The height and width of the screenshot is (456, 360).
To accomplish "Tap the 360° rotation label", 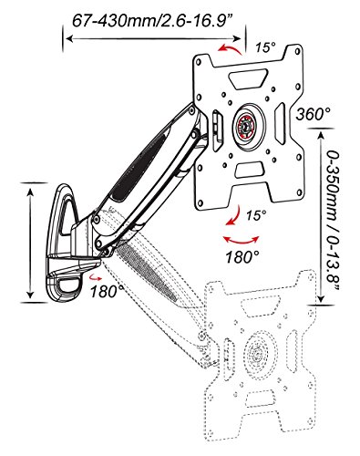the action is pyautogui.click(x=314, y=114).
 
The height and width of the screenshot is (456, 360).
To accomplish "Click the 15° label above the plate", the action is pyautogui.click(x=265, y=47).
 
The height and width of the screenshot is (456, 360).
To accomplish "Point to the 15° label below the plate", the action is pyautogui.click(x=256, y=215).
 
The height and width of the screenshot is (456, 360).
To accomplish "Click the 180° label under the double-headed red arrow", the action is pyautogui.click(x=242, y=257).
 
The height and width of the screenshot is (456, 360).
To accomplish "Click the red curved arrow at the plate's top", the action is pyautogui.click(x=230, y=48).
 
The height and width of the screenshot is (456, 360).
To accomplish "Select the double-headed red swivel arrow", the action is pyautogui.click(x=242, y=241).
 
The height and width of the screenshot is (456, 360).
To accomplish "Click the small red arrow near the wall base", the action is pyautogui.click(x=96, y=276).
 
